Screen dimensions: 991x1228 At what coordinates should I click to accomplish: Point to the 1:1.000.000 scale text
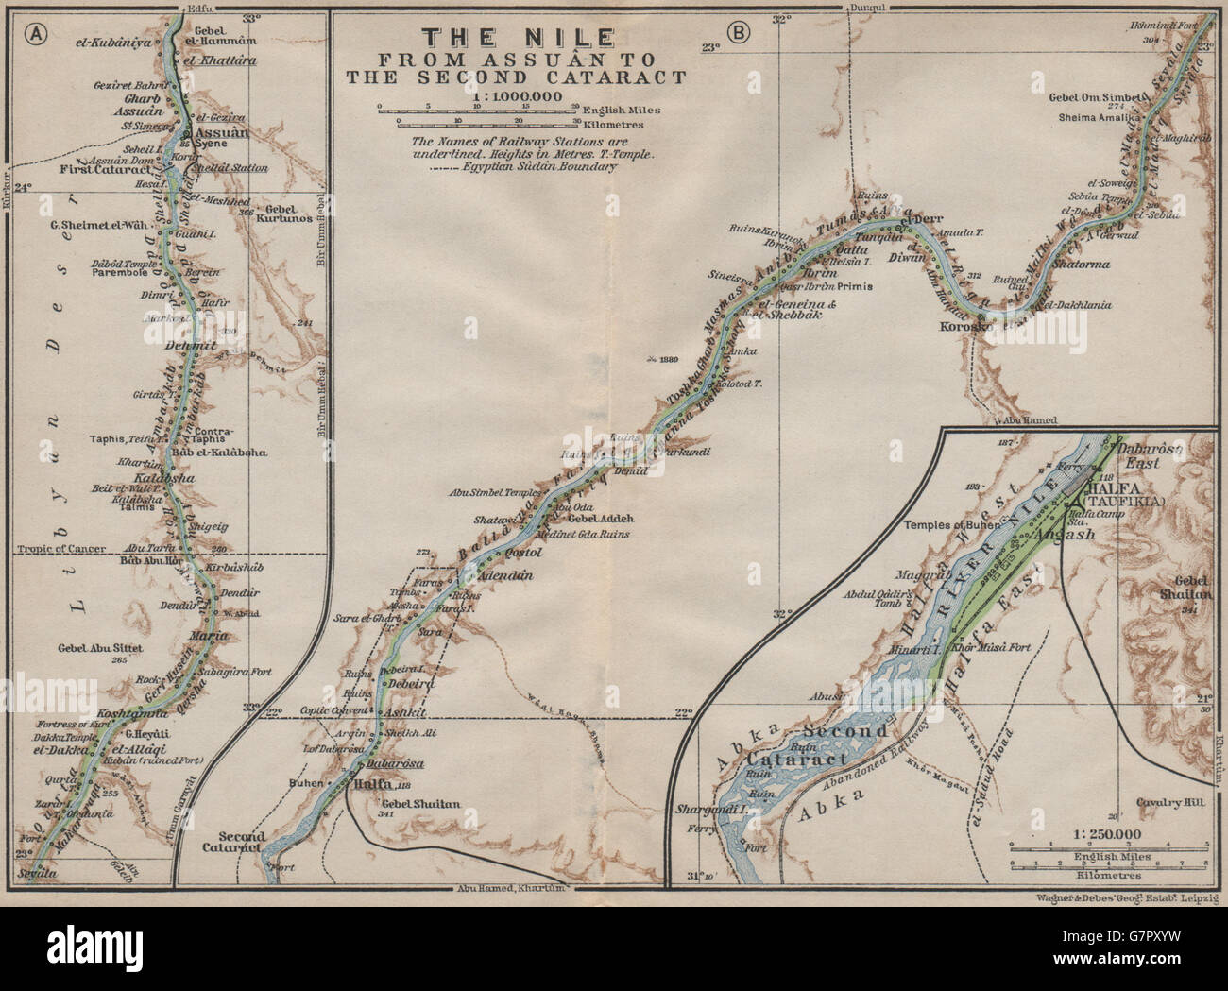(x=522, y=96)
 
